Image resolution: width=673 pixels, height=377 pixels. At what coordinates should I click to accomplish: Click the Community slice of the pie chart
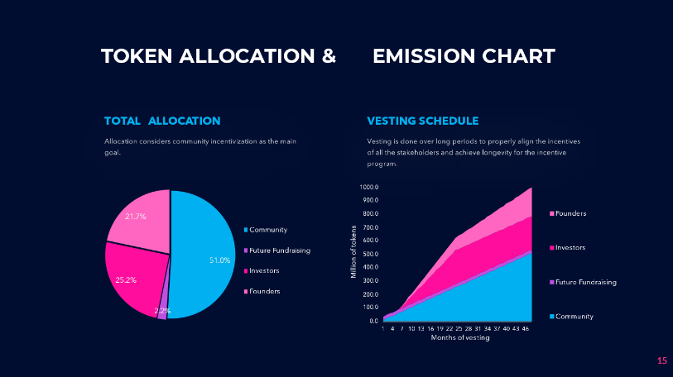(203, 248)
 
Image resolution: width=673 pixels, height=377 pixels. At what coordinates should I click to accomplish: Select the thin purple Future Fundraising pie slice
(163, 309)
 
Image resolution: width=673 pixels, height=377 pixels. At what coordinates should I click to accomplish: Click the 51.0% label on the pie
(219, 260)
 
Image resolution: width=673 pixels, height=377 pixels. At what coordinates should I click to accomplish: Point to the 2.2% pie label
(162, 312)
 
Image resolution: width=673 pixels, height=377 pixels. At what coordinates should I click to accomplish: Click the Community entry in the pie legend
(268, 229)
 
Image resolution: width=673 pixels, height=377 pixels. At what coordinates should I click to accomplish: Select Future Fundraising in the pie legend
(280, 250)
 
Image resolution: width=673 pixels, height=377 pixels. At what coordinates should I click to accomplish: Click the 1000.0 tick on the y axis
(368, 188)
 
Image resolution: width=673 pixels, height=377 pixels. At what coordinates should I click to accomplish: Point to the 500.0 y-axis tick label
(369, 254)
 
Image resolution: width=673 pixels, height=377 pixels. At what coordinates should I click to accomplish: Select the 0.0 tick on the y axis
(373, 321)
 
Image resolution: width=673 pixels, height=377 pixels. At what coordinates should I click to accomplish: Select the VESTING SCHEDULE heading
(422, 121)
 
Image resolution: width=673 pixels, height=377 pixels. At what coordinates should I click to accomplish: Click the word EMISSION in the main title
(423, 56)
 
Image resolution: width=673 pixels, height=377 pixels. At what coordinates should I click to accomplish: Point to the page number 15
(661, 360)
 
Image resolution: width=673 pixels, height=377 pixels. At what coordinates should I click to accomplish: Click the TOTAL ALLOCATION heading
(162, 121)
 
